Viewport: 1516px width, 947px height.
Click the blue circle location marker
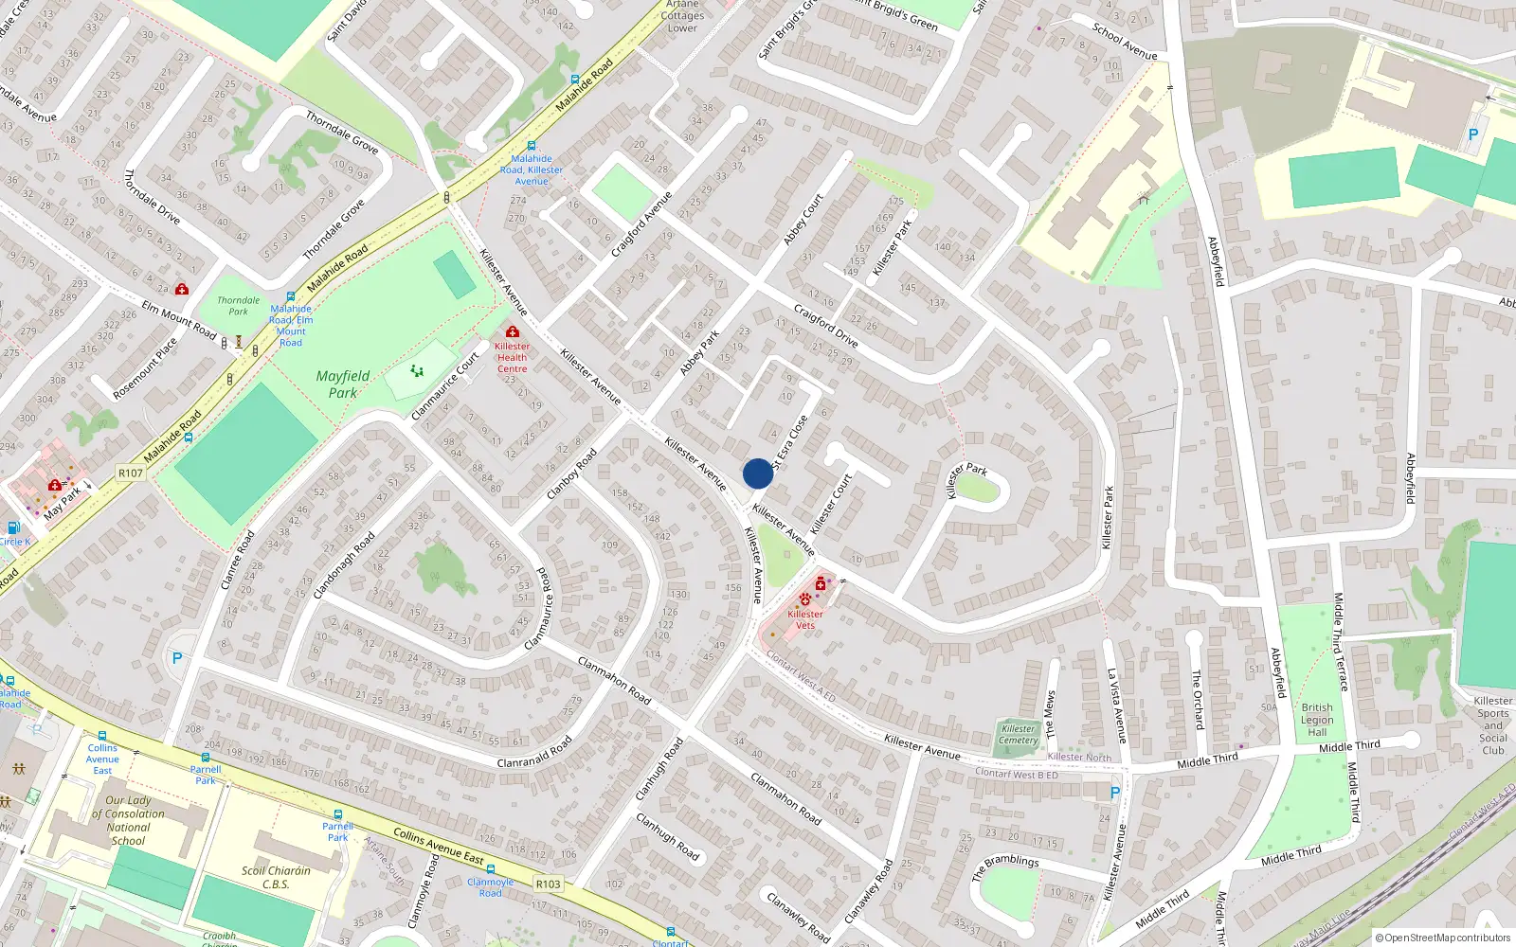click(x=757, y=473)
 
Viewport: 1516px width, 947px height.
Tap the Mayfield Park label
click(x=343, y=384)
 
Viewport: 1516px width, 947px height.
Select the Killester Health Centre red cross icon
click(x=513, y=331)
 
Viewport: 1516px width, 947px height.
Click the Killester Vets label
click(x=805, y=619)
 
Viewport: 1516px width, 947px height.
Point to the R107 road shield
click(x=131, y=473)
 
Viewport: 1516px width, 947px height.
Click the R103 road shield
click(x=548, y=884)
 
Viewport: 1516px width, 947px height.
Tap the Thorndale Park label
click(x=239, y=306)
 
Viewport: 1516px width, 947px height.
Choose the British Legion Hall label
click(x=1317, y=720)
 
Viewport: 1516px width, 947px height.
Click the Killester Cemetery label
click(x=1019, y=734)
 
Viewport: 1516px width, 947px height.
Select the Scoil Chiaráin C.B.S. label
click(x=276, y=877)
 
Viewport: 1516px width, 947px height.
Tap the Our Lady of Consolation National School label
click(x=129, y=820)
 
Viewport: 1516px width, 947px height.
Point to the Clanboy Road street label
click(x=572, y=474)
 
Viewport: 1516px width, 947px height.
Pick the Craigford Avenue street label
click(x=641, y=224)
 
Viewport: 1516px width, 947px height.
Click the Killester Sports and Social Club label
click(x=1492, y=725)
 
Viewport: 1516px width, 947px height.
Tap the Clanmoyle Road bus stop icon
click(x=491, y=868)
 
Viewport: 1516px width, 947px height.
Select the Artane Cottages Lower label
click(x=682, y=16)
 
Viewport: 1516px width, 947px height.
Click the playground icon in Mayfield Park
click(x=417, y=370)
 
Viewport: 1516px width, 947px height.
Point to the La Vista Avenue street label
click(x=1117, y=706)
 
